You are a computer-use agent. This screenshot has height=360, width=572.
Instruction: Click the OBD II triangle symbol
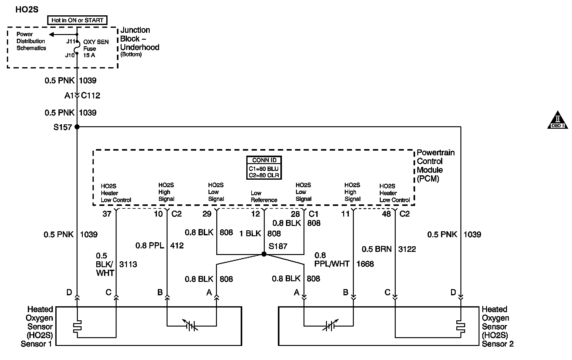[x=557, y=121]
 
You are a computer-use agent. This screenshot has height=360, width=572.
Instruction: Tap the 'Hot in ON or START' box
[x=77, y=20]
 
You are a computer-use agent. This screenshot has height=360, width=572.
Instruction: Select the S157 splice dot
[x=77, y=127]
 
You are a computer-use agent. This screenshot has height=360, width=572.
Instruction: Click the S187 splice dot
[x=264, y=254]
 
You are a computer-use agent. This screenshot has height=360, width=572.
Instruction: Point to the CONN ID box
[x=264, y=168]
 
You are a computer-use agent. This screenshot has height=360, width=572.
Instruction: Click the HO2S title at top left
[x=27, y=10]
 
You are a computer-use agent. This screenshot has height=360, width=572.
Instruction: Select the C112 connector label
[x=91, y=96]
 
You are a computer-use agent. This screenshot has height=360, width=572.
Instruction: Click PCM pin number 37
[x=107, y=214]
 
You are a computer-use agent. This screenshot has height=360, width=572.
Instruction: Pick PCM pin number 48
[x=386, y=214]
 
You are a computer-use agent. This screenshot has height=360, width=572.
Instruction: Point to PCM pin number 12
[x=255, y=214]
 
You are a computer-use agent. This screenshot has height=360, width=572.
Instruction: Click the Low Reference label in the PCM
[x=264, y=197]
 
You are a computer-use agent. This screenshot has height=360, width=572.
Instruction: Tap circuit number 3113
[x=128, y=264]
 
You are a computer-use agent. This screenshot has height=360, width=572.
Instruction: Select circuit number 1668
[x=365, y=264]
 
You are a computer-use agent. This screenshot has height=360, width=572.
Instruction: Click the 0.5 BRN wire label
[x=377, y=249]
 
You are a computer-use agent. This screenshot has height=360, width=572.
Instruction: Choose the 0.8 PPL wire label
[x=150, y=246]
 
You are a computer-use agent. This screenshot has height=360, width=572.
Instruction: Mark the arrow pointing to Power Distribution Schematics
[x=52, y=34]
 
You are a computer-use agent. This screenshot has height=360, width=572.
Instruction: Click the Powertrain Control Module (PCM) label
[x=435, y=166]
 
